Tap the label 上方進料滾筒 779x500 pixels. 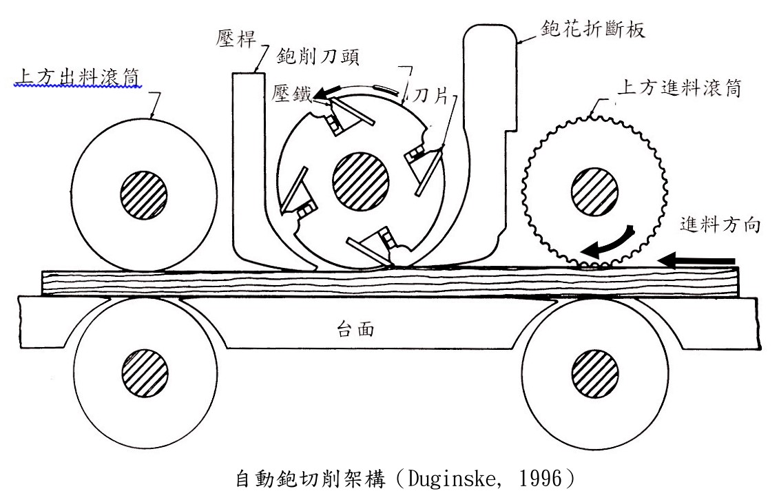[x=681, y=90]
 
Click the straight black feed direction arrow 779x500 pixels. [x=696, y=260]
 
